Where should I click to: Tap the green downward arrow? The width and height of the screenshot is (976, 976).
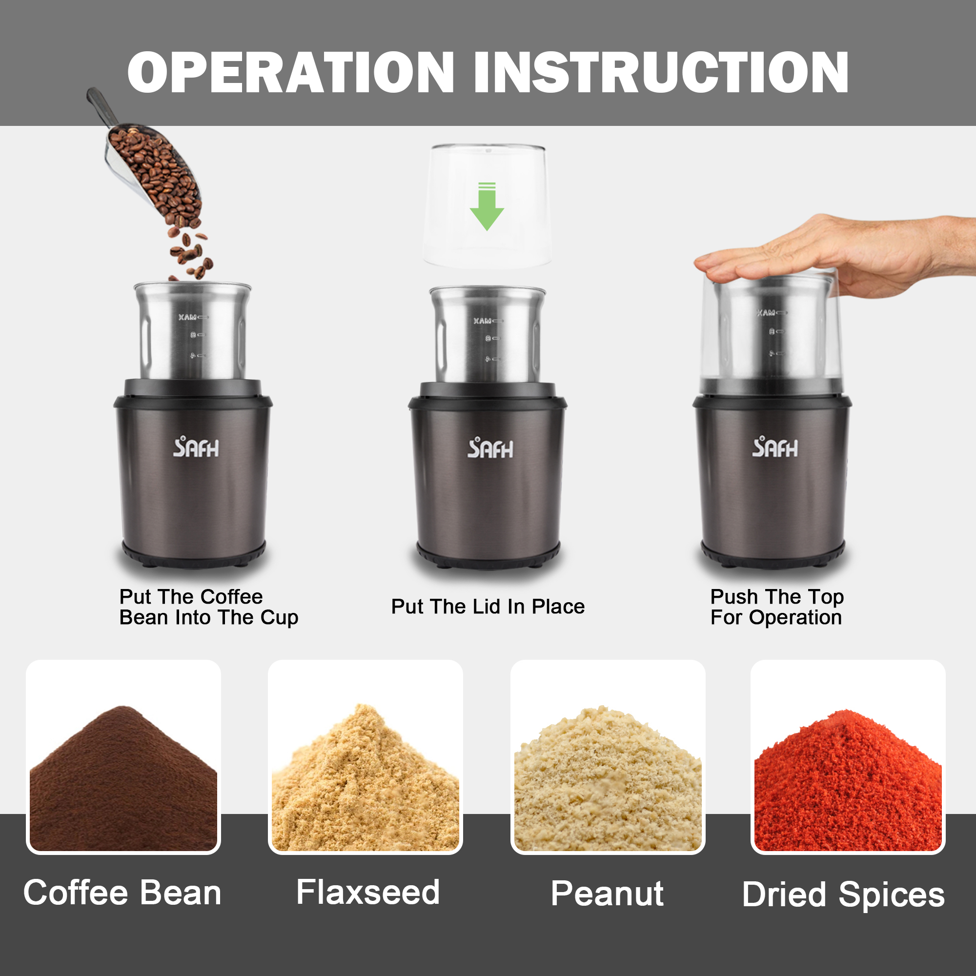487,206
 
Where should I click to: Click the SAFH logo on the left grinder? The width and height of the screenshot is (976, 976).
196,447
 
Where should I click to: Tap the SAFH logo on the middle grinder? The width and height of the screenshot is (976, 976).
490,448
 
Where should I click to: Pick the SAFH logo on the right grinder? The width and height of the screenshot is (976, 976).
775,447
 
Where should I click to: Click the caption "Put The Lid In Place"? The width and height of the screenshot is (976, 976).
488,607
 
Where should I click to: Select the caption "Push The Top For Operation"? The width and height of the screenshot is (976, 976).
777,607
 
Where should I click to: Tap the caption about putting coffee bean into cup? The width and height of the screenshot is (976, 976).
209,607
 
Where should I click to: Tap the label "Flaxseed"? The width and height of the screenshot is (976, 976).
368,892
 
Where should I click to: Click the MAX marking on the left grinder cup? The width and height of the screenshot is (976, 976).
187,317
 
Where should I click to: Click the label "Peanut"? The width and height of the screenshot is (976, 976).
607,894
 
